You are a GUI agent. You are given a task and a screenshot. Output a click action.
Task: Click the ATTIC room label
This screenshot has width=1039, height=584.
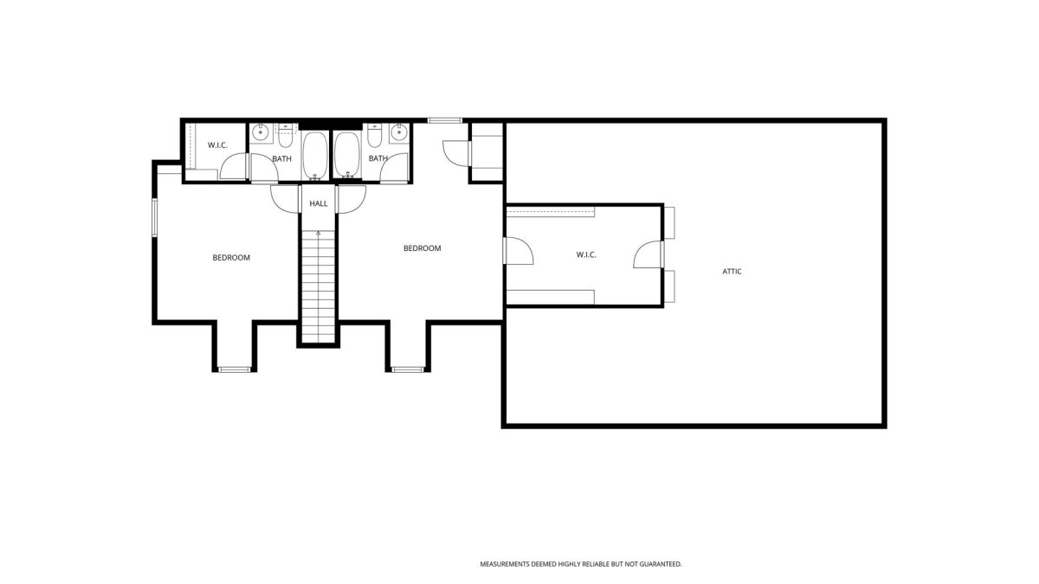(732, 272)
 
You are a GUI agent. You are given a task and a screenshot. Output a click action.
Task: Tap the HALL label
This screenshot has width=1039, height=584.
(319, 203)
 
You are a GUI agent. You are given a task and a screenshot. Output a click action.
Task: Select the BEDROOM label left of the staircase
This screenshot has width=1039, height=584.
(231, 258)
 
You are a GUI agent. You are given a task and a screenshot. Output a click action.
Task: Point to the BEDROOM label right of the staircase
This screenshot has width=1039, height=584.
(423, 248)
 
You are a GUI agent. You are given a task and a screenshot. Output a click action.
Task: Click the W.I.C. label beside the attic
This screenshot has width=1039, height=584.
(586, 255)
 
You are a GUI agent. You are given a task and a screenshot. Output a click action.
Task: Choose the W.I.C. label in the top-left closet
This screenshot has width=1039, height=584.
(217, 145)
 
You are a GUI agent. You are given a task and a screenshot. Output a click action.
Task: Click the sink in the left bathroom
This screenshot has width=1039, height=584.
(261, 132)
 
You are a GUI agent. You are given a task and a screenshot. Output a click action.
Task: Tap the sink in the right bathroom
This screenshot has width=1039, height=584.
(398, 132)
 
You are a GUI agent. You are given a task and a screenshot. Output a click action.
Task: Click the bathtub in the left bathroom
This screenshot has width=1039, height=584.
(315, 156)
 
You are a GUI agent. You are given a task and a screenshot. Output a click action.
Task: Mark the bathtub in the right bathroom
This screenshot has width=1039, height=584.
(346, 155)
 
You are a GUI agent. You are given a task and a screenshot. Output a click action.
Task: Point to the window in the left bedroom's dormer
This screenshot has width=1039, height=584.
(235, 369)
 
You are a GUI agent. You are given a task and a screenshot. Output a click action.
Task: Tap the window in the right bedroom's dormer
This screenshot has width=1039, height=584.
(408, 369)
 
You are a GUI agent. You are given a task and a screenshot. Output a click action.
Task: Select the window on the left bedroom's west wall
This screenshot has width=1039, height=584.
(155, 218)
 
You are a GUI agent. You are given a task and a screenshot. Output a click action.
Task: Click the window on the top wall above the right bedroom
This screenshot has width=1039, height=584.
(445, 120)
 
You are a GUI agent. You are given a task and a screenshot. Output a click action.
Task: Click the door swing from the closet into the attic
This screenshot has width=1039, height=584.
(649, 254)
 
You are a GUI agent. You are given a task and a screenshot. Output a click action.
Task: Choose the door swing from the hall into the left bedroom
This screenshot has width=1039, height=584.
(285, 199)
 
